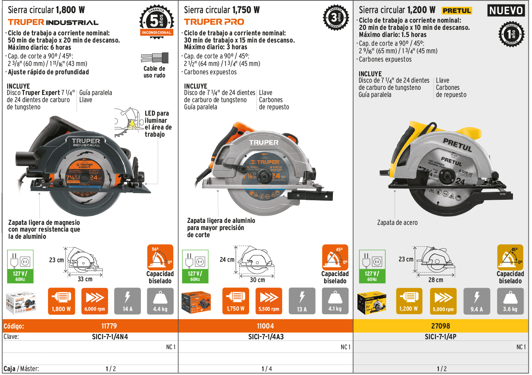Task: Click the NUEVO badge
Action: [x=506, y=10]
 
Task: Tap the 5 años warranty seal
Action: [x=156, y=20]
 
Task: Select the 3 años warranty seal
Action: [x=336, y=18]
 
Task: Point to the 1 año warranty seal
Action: [x=511, y=34]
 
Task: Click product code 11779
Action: [x=109, y=326]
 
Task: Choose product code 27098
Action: [x=440, y=326]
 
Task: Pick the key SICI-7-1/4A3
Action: [x=266, y=337]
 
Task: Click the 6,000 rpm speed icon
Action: [x=95, y=301]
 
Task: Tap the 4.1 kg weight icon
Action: [x=335, y=301]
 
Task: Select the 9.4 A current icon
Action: [x=476, y=301]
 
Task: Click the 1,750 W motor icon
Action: [x=236, y=301]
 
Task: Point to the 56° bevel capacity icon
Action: [x=160, y=257]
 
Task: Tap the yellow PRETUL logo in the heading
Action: [x=457, y=11]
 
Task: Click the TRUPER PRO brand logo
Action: [x=214, y=22]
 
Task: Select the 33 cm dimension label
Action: [x=85, y=279]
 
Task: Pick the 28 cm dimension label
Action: [x=435, y=280]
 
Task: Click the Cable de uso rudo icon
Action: [x=154, y=59]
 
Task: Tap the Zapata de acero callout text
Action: [x=397, y=222]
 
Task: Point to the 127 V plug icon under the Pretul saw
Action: [x=372, y=266]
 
